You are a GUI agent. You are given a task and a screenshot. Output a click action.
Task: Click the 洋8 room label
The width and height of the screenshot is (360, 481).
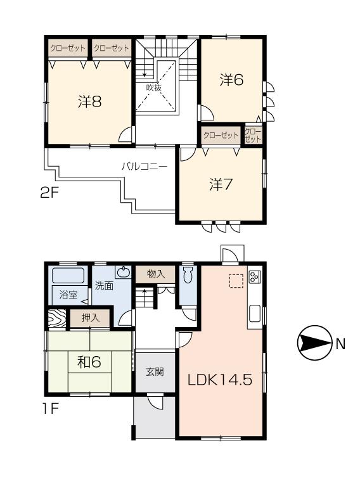pyautogui.click(x=90, y=101)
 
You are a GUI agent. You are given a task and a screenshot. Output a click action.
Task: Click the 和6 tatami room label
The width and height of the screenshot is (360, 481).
pyautogui.click(x=89, y=362)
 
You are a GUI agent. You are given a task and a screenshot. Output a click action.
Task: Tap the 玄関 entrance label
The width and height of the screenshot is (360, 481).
pyautogui.click(x=155, y=371)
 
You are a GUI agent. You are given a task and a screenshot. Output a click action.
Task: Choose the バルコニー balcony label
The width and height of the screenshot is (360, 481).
pyautogui.click(x=145, y=167)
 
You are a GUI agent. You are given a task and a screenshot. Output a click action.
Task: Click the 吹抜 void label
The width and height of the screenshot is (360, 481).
pyautogui.click(x=154, y=87)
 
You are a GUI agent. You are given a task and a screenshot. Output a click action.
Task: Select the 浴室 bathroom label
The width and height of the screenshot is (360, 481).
pyautogui.click(x=68, y=295)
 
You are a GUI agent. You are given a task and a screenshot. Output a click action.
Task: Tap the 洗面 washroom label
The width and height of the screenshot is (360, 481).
pyautogui.click(x=104, y=285)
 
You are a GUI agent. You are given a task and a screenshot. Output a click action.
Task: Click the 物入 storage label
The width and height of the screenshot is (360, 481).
pyautogui.click(x=155, y=274)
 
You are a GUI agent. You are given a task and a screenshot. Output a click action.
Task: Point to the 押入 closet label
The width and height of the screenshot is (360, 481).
pyautogui.click(x=89, y=318)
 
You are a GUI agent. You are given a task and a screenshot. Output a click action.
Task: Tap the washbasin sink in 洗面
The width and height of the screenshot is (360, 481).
pyautogui.click(x=124, y=274)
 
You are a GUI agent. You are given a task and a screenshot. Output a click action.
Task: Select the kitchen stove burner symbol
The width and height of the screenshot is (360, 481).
pyautogui.click(x=255, y=277)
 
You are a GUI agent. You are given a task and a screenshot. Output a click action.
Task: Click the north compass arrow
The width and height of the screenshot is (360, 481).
pyautogui.click(x=314, y=343)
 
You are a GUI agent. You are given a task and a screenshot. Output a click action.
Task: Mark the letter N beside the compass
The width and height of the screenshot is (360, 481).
pyautogui.click(x=340, y=344)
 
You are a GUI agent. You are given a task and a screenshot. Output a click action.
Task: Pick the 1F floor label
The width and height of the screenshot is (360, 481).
pyautogui.click(x=50, y=409)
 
